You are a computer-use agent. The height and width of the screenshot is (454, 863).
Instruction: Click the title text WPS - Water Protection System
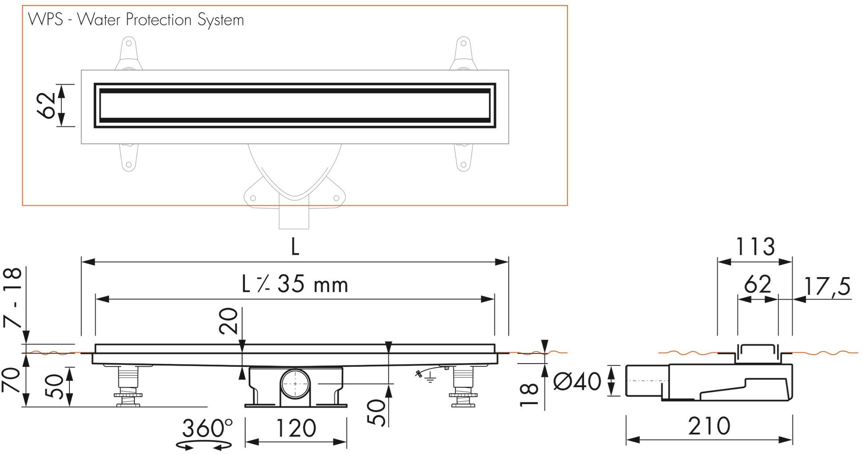click(136, 20)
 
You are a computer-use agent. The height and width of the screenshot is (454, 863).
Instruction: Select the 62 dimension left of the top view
click(47, 106)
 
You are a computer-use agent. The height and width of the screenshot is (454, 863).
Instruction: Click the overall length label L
click(295, 247)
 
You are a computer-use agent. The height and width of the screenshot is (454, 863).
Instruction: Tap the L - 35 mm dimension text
click(295, 285)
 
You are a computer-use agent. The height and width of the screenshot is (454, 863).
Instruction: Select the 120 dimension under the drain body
click(296, 428)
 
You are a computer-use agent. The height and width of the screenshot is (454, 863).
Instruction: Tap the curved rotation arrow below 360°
click(204, 445)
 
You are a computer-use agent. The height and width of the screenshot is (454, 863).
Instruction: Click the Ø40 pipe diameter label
click(577, 381)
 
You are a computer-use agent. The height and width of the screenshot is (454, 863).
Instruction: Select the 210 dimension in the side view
click(709, 426)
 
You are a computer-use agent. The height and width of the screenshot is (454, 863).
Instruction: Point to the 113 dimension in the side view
click(755, 247)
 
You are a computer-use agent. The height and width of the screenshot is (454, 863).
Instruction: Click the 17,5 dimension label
click(827, 286)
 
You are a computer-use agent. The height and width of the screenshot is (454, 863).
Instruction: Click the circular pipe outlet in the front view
click(295, 384)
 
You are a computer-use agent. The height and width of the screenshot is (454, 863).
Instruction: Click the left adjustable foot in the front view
click(129, 386)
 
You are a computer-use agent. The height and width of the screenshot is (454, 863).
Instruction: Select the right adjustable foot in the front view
click(464, 386)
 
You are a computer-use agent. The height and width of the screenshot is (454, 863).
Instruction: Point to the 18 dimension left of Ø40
click(529, 395)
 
